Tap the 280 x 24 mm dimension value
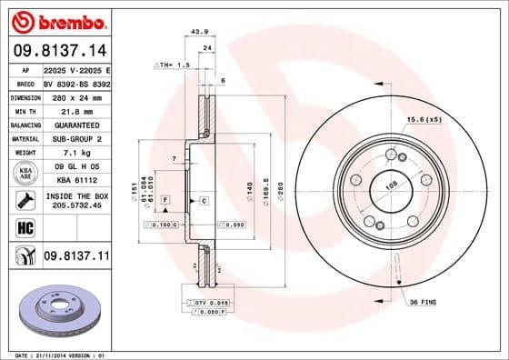(x=75, y=96)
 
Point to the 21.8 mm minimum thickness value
(x=75, y=110)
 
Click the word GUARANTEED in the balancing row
(x=75, y=125)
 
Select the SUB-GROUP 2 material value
(x=75, y=138)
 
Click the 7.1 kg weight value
(x=75, y=153)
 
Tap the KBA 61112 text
(x=75, y=180)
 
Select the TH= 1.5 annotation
(x=173, y=65)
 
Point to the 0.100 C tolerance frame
(x=165, y=224)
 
